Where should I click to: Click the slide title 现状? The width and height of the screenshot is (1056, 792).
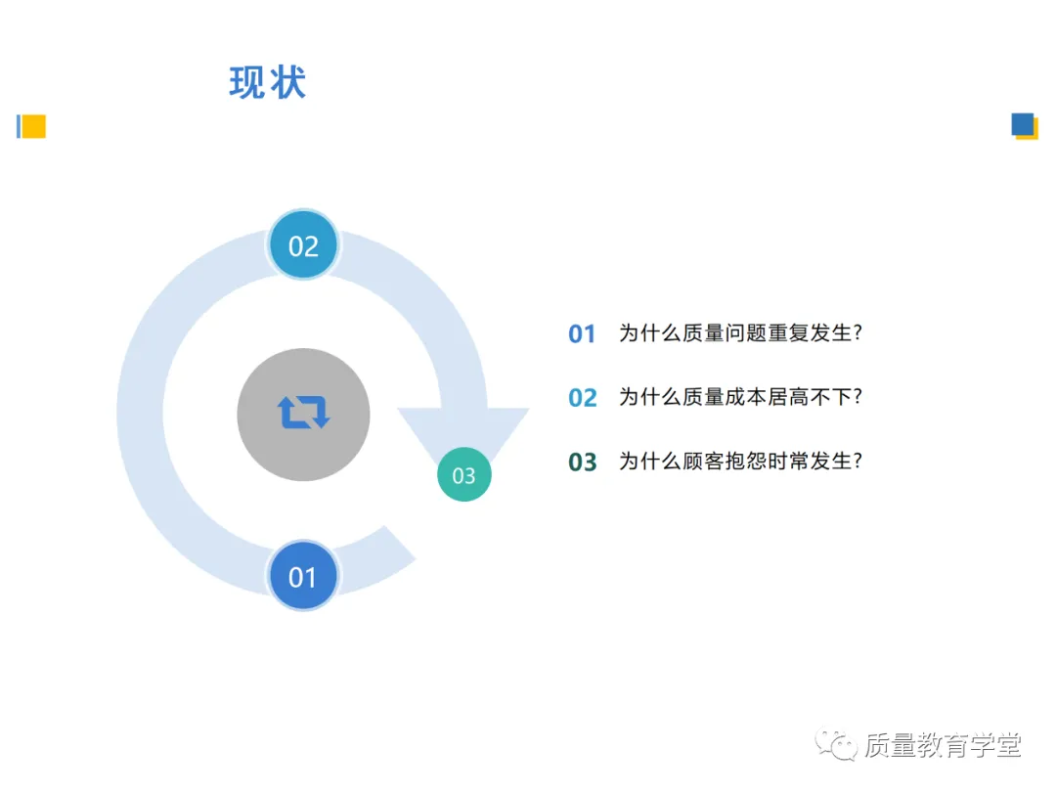pyautogui.click(x=268, y=83)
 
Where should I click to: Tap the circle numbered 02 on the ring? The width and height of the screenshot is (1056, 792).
pyautogui.click(x=303, y=245)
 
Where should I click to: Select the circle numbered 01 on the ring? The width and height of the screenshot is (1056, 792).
pyautogui.click(x=303, y=577)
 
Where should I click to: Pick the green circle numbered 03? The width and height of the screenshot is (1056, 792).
pyautogui.click(x=463, y=475)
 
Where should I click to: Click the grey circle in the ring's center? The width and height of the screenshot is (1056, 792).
pyautogui.click(x=303, y=414)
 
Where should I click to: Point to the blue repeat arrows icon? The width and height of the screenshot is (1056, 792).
pyautogui.click(x=303, y=413)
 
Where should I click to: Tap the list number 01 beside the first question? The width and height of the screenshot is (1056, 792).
pyautogui.click(x=582, y=334)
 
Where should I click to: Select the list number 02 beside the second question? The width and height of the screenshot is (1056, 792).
pyautogui.click(x=582, y=398)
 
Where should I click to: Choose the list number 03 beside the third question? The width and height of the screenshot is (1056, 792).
pyautogui.click(x=582, y=462)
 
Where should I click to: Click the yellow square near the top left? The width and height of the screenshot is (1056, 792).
pyautogui.click(x=34, y=126)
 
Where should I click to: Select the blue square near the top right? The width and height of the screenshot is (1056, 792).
pyautogui.click(x=1023, y=124)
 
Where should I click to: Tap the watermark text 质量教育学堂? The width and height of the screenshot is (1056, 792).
pyautogui.click(x=943, y=745)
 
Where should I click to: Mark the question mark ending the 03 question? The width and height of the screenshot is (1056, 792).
pyautogui.click(x=858, y=461)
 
